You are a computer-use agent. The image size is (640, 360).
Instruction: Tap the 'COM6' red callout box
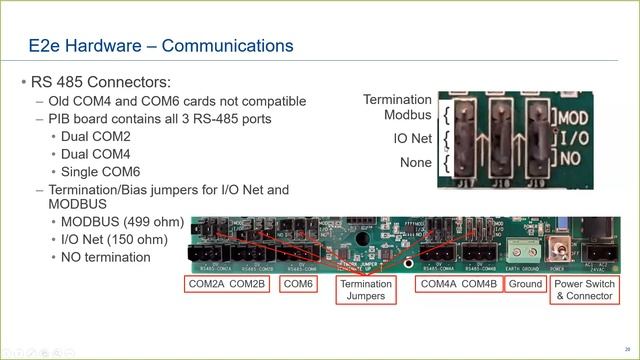pos(297,285)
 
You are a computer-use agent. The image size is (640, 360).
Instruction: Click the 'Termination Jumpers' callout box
pos(365,290)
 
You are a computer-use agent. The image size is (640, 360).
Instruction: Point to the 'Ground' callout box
pos(524,285)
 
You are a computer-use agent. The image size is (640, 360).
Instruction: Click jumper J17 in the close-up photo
pos(465,140)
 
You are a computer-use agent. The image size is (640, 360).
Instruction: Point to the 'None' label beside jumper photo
pos(416,163)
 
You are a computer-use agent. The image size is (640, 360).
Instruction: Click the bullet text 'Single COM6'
pos(102,172)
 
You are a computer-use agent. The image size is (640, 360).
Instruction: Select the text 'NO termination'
pos(106,257)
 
